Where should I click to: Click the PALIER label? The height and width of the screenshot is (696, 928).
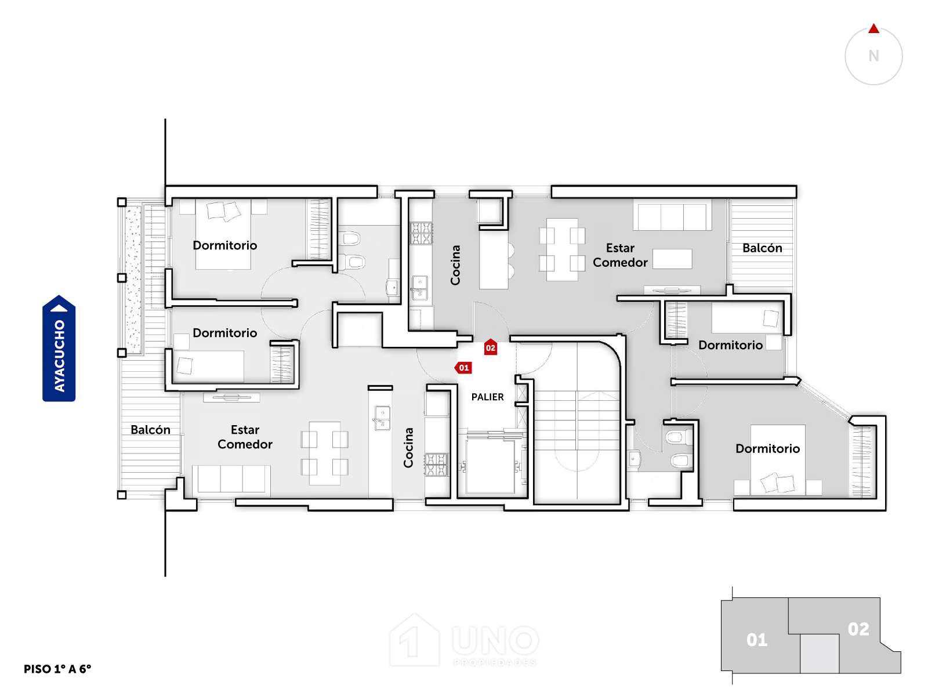487,397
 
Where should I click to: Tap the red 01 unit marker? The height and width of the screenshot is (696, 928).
463,367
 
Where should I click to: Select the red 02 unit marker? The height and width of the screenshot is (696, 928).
490,347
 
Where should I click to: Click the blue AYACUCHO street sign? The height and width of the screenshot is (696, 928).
59,348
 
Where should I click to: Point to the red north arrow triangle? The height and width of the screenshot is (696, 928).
873,28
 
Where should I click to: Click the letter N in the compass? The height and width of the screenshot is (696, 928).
873,56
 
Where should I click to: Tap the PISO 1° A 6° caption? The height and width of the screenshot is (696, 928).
57,669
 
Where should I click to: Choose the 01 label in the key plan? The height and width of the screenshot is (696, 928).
757,640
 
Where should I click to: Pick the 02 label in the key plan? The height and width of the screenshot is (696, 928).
858,629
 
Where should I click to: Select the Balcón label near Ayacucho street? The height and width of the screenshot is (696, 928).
150,429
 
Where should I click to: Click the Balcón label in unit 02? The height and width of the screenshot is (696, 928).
762,248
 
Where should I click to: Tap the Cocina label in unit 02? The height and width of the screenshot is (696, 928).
455,265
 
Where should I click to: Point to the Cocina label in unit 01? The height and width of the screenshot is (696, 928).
408,448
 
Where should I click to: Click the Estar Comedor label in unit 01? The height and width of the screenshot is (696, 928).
245,437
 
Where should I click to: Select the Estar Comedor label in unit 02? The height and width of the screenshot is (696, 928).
620,255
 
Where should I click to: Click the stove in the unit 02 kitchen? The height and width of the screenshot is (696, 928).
421,233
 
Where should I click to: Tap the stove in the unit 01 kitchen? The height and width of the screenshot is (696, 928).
436,465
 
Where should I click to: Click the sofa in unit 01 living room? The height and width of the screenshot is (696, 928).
231,478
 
